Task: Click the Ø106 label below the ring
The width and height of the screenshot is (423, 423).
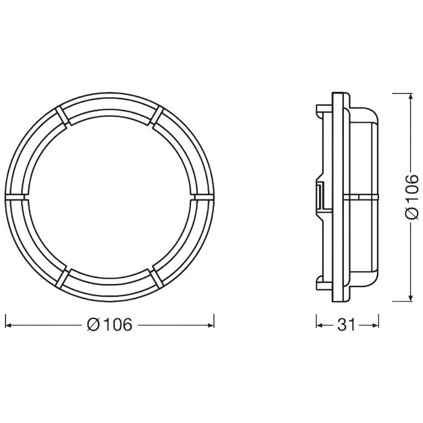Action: click(x=109, y=325)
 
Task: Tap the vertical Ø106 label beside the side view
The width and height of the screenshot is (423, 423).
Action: click(x=412, y=196)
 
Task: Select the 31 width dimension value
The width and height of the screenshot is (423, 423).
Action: click(x=347, y=325)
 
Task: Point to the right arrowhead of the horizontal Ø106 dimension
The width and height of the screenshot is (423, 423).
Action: click(x=210, y=325)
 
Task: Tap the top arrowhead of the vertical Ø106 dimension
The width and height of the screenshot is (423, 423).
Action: click(x=410, y=97)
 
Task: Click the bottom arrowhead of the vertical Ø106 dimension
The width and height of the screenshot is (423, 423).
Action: click(x=410, y=297)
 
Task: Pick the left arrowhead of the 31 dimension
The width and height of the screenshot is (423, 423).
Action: click(x=320, y=325)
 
